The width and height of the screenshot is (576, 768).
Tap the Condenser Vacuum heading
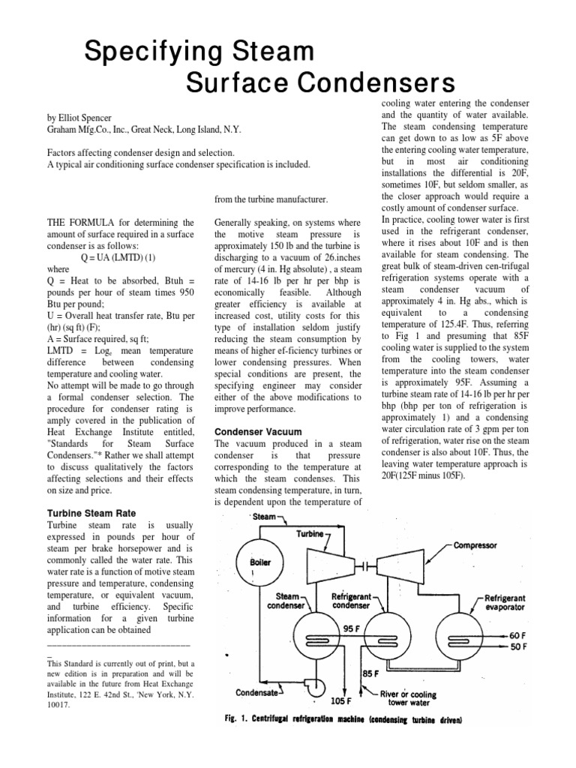[258, 432]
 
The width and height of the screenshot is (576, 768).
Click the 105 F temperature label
[342, 700]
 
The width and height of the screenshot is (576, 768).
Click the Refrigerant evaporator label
[511, 603]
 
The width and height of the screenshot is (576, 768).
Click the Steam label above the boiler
[263, 517]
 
